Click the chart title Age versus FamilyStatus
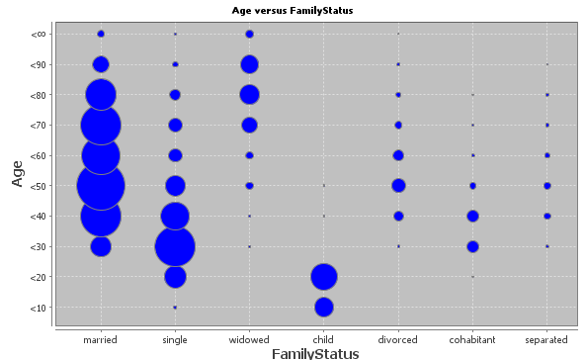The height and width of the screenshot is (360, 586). point(293,10)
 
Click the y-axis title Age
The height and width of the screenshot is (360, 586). point(18,173)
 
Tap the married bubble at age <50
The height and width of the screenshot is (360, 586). point(101,186)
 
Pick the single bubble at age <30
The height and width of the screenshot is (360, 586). point(175,246)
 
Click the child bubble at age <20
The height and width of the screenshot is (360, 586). point(323,277)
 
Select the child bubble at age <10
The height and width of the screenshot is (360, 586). point(323,307)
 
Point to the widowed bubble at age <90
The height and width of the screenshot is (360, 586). point(249,64)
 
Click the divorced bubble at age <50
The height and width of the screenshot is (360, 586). point(398,186)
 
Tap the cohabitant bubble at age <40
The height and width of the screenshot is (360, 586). point(472,216)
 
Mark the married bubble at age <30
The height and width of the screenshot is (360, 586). point(101,246)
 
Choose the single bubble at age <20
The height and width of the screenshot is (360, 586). point(175,277)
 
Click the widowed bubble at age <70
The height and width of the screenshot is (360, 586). point(249,126)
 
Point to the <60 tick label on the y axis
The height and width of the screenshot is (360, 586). point(38,155)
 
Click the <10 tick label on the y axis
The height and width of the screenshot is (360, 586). point(38,308)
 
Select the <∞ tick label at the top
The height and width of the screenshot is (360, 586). point(38,35)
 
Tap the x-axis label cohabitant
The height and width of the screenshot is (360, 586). point(472,339)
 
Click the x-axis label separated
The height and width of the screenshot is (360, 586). point(546,339)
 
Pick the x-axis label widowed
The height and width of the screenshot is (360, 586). point(249,339)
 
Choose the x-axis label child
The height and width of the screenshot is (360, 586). point(323,339)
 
